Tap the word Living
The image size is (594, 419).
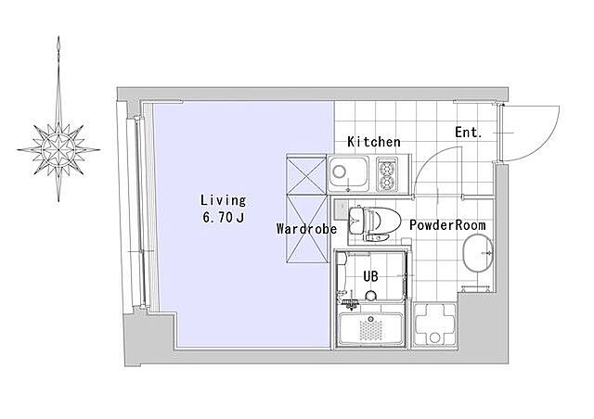tap(224, 200)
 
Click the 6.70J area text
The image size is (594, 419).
tap(224, 217)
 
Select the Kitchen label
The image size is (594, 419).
tap(374, 142)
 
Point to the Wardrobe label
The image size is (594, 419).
tap(306, 229)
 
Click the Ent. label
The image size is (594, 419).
tap(468, 133)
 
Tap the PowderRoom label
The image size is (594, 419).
tap(447, 225)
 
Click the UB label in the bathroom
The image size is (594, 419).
tap(370, 276)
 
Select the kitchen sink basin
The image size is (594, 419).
tap(349, 174)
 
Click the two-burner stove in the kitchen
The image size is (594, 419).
tap(387, 175)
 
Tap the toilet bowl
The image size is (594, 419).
tap(383, 221)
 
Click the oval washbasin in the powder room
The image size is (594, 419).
tap(478, 252)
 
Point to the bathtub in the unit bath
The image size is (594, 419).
tap(370, 328)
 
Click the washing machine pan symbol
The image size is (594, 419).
tap(434, 324)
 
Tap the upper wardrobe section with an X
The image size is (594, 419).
tap(306, 175)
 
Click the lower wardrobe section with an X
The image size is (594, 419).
tap(306, 229)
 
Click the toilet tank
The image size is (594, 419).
tap(356, 221)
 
